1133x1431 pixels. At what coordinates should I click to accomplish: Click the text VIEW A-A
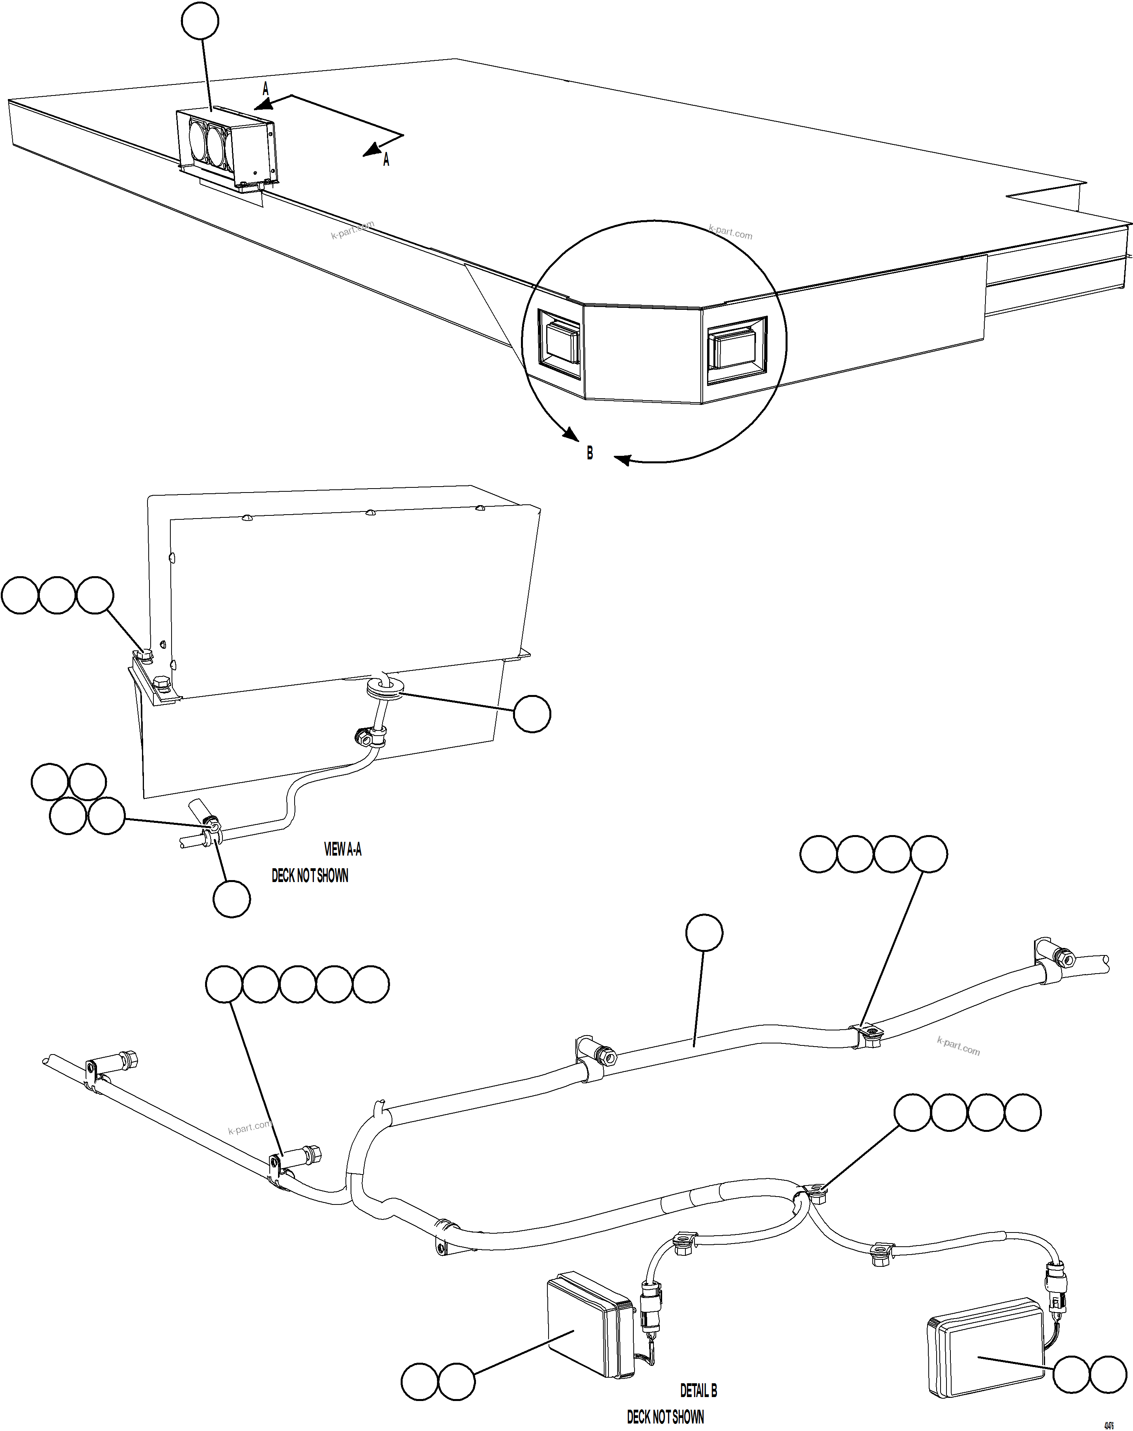point(342,849)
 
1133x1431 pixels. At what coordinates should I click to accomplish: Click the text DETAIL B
point(698,1390)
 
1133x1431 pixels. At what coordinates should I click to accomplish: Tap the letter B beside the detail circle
point(589,453)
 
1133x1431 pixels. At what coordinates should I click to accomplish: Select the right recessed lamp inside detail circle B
point(735,349)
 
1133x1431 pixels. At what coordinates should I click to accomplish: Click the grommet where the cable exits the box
point(385,688)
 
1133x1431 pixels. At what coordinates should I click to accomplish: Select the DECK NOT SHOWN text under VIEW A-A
point(310,875)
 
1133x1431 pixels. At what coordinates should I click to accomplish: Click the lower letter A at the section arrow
point(386,160)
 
